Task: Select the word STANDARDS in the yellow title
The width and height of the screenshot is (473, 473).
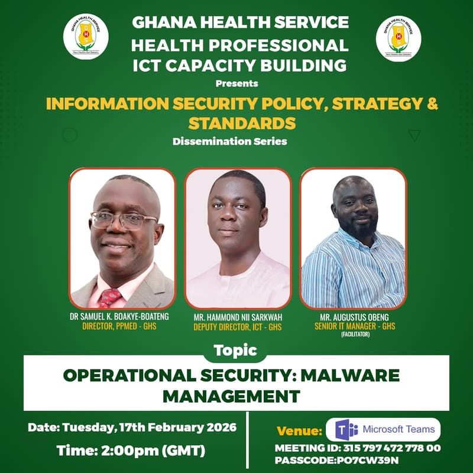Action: [242, 123]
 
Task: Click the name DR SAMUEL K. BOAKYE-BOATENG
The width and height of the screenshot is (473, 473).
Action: [119, 316]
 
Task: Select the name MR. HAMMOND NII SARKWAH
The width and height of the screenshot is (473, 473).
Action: [237, 318]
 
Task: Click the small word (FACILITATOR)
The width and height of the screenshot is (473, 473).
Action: [354, 335]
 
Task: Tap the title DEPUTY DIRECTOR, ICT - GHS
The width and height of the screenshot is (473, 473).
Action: [237, 327]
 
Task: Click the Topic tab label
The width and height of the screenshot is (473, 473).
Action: [236, 350]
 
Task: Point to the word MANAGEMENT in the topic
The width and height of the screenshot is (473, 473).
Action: [231, 394]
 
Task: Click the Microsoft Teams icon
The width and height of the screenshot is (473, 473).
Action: [346, 429]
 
